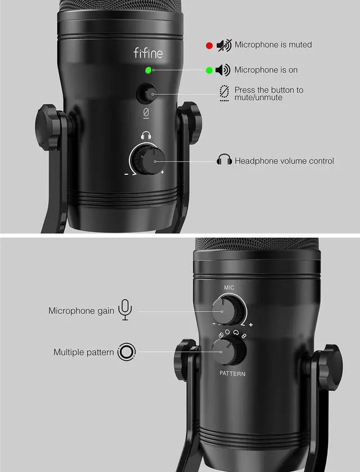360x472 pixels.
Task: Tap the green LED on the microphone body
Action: pyautogui.click(x=148, y=70)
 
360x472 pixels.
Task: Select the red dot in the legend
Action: pyautogui.click(x=209, y=45)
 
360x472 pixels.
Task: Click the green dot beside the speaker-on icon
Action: pyautogui.click(x=209, y=70)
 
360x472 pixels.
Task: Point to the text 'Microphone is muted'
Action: pyautogui.click(x=273, y=44)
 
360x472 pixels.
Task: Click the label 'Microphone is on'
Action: pyautogui.click(x=266, y=70)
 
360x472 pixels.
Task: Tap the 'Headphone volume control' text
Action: pyautogui.click(x=284, y=161)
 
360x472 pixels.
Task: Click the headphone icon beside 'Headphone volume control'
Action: pyautogui.click(x=224, y=160)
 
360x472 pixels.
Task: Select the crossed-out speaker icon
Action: pyautogui.click(x=223, y=45)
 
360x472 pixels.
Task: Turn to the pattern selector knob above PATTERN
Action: pyautogui.click(x=229, y=352)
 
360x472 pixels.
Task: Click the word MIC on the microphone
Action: pyautogui.click(x=229, y=288)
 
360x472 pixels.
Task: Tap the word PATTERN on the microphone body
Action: pyautogui.click(x=232, y=374)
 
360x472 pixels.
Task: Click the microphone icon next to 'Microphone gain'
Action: pyautogui.click(x=125, y=310)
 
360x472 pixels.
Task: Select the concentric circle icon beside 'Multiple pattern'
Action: pyautogui.click(x=127, y=352)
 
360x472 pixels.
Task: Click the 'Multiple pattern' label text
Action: pyautogui.click(x=84, y=352)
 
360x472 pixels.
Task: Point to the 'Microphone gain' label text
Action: pyautogui.click(x=81, y=311)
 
